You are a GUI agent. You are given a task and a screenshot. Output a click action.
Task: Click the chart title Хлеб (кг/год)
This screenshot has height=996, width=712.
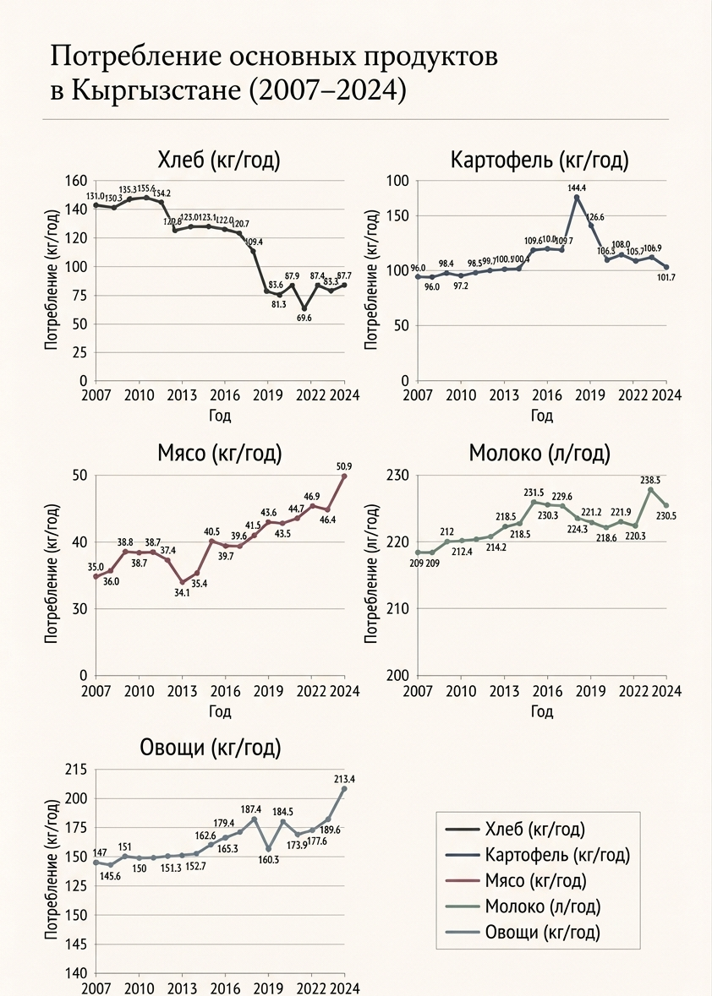click(x=218, y=161)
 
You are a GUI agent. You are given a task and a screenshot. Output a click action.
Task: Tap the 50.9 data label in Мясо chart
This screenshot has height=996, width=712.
click(x=343, y=465)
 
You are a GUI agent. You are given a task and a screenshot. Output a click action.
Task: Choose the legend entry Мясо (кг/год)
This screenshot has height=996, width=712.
click(x=536, y=880)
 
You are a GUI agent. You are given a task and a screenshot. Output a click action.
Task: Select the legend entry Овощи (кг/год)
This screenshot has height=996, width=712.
click(x=542, y=933)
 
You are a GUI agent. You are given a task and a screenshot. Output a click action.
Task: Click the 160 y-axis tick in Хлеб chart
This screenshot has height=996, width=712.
click(x=76, y=181)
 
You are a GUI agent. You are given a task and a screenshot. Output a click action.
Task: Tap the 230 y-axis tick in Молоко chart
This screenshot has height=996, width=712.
click(x=398, y=476)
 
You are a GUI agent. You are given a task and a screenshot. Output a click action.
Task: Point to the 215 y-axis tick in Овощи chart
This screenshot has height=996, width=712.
click(x=76, y=770)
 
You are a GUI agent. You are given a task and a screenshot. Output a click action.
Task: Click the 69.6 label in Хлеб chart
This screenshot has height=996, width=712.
click(x=304, y=318)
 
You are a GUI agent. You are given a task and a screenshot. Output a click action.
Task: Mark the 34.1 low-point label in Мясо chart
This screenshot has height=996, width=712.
click(x=181, y=592)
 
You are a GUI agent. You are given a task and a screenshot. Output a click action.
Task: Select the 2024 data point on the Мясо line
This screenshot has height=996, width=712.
click(x=343, y=476)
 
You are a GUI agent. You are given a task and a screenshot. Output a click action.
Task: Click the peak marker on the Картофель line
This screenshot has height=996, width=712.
click(x=576, y=198)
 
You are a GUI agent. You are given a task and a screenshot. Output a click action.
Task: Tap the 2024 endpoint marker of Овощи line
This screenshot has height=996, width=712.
click(x=343, y=789)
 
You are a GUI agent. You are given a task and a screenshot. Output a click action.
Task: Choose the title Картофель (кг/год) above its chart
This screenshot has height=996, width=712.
click(x=539, y=161)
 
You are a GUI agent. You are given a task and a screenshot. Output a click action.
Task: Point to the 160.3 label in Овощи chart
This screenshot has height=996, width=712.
click(x=268, y=860)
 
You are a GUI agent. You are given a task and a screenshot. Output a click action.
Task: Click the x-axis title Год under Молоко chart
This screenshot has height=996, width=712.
click(x=541, y=711)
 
